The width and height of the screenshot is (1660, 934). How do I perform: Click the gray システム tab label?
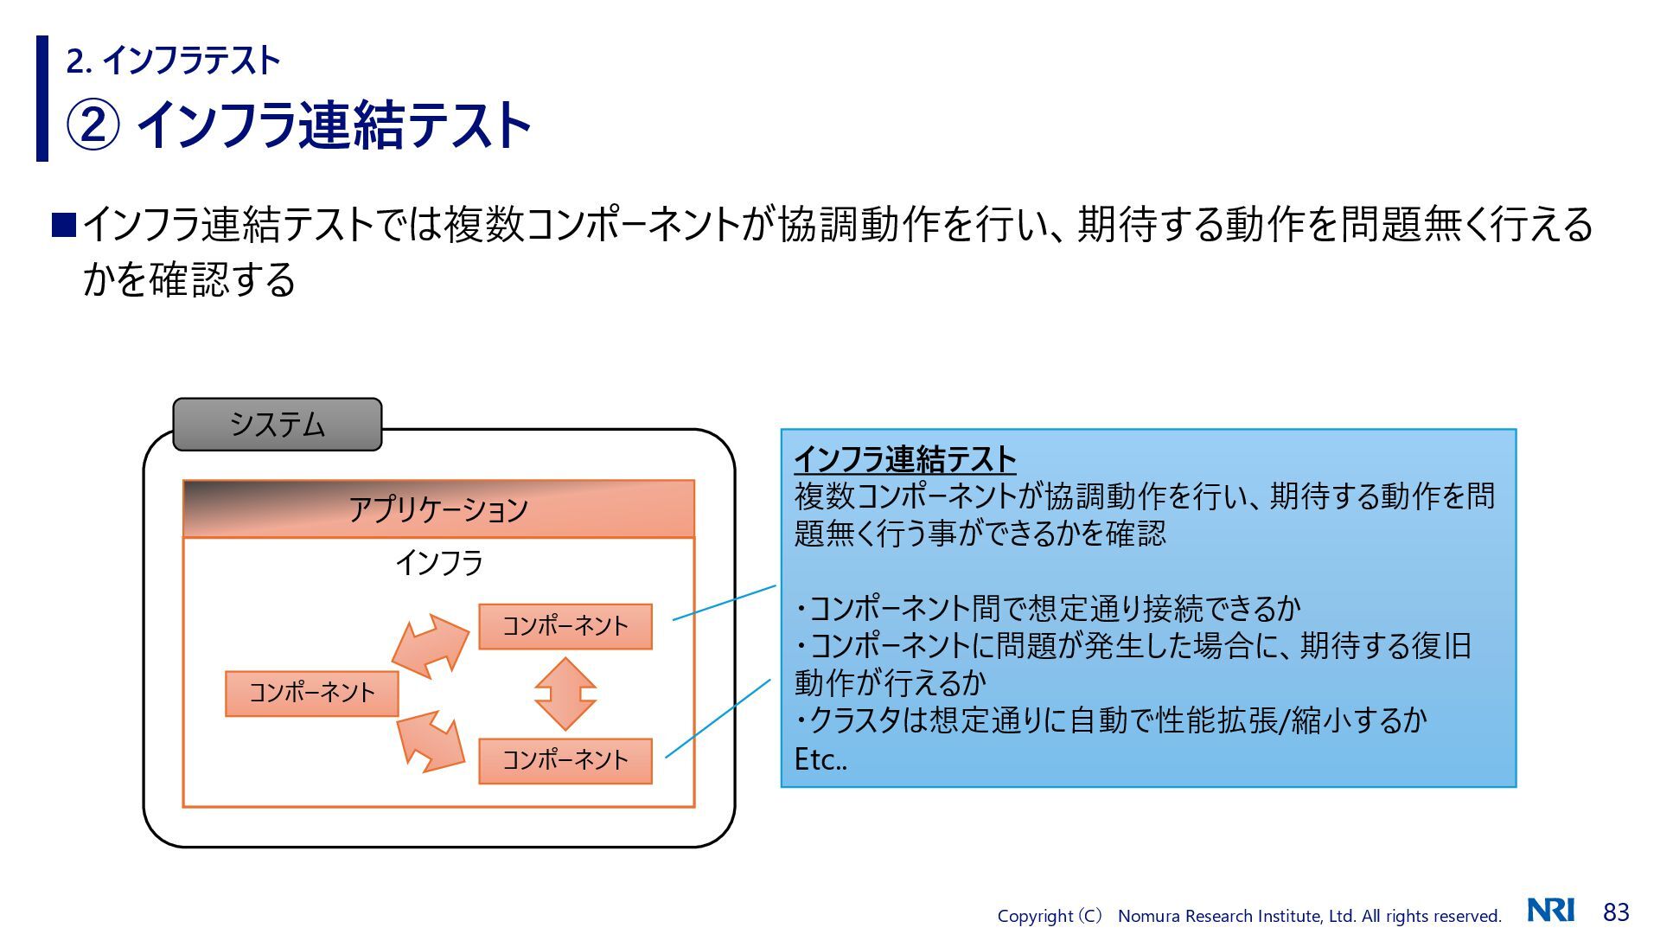(277, 425)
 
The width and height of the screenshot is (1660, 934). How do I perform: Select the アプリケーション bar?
(438, 509)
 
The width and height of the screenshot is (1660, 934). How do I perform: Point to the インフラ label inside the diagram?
(438, 563)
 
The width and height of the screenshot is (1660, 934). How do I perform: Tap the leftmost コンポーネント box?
(311, 694)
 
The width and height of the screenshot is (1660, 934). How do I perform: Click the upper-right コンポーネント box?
(565, 626)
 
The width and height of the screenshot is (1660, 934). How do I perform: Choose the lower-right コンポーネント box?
(565, 761)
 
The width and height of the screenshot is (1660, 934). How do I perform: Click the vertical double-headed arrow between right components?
(565, 694)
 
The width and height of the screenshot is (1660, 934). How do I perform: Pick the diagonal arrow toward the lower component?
(430, 741)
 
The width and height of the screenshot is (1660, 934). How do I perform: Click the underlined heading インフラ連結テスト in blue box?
(904, 459)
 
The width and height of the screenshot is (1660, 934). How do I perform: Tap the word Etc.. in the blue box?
(820, 759)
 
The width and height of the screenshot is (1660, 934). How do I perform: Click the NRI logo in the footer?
(1550, 911)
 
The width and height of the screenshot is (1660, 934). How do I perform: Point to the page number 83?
(1616, 912)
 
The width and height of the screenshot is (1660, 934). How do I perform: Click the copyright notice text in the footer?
(1248, 916)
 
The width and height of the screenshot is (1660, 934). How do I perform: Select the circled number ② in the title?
(93, 125)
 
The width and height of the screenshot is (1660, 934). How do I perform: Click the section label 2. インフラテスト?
(173, 61)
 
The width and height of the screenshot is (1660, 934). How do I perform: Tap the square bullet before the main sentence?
(64, 225)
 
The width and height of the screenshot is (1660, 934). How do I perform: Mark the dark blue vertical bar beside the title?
(42, 99)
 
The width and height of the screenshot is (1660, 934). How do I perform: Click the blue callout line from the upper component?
(725, 602)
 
